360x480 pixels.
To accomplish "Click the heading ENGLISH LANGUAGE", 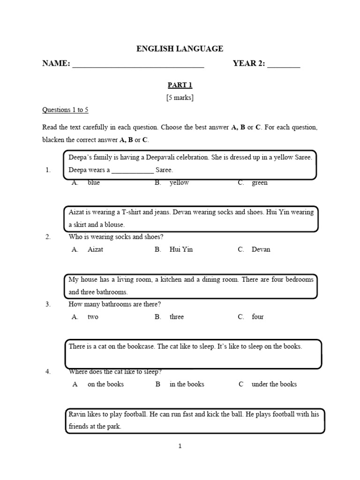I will coord(180,48).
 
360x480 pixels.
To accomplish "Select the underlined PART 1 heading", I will coord(180,85).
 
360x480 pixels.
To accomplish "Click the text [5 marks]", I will coord(180,97).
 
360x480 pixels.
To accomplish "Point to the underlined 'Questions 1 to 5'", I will coord(65,110).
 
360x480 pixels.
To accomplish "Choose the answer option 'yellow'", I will coord(179,183).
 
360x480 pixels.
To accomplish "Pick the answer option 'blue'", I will coord(94,183).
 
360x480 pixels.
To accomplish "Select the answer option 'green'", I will coord(260,183).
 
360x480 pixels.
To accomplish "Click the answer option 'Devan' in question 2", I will coord(261,249).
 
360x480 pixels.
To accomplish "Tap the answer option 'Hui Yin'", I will coord(181,249).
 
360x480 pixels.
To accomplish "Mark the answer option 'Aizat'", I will coord(95,249).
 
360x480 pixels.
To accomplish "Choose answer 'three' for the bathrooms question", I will coord(177,317).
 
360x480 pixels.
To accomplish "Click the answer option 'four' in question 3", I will coord(258,317).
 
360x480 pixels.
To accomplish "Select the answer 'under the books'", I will coord(274,384).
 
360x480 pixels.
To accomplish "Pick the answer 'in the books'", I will coord(187,384).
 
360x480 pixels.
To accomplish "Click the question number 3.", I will coord(48,304).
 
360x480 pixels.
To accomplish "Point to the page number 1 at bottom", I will coord(180,446).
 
